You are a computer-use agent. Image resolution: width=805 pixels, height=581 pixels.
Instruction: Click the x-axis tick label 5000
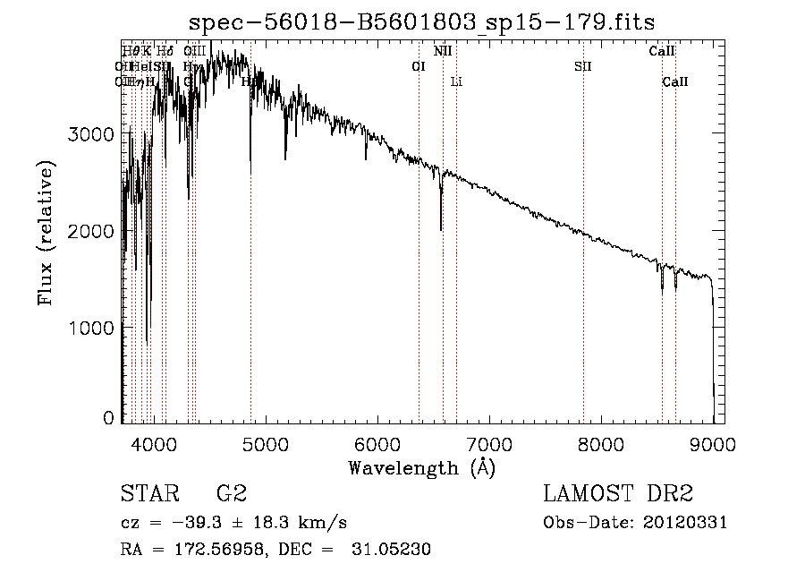265,443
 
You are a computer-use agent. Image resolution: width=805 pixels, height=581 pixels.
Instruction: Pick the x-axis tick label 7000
489,443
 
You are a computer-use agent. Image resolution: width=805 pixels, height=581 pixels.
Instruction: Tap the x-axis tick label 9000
713,443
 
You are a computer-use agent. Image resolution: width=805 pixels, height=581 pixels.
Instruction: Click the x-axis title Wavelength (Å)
421,466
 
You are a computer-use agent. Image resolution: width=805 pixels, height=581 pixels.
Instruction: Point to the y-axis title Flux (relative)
46,233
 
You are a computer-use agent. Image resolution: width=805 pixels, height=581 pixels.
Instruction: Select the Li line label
456,82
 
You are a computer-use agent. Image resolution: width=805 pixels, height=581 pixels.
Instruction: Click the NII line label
443,51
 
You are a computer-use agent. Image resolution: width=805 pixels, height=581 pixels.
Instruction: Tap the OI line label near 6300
418,66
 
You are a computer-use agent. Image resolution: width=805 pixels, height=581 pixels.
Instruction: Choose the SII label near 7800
583,66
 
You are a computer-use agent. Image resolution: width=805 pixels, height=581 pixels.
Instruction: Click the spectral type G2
232,494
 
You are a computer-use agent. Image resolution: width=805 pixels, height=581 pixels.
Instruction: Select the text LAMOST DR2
618,494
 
